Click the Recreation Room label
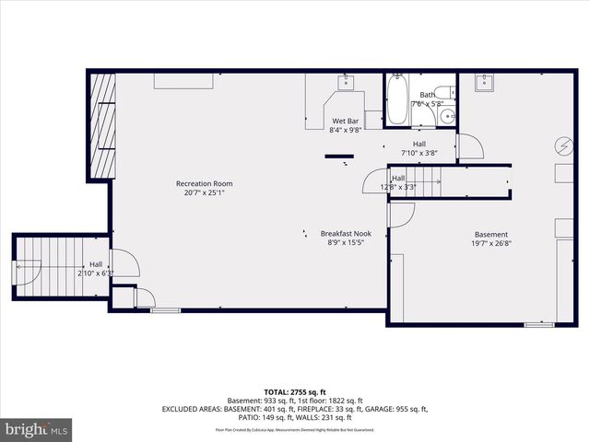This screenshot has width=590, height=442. (x=204, y=183)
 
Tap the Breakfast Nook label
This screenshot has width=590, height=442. (x=346, y=233)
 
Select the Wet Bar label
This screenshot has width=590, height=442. (x=346, y=122)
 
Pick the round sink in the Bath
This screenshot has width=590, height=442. (x=446, y=116)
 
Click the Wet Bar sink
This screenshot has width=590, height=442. (x=346, y=83)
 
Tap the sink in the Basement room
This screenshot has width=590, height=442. (x=486, y=83)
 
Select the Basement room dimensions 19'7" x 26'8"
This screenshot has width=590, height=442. (x=491, y=245)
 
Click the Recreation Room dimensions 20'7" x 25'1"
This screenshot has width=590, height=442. (x=204, y=193)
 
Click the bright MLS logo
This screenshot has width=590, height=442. (x=37, y=428)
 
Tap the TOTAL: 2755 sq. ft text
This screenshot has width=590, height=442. (x=295, y=392)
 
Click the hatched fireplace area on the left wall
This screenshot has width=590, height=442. (x=100, y=127)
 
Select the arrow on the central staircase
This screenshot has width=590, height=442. (x=426, y=182)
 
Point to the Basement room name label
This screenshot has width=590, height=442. (x=491, y=235)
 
